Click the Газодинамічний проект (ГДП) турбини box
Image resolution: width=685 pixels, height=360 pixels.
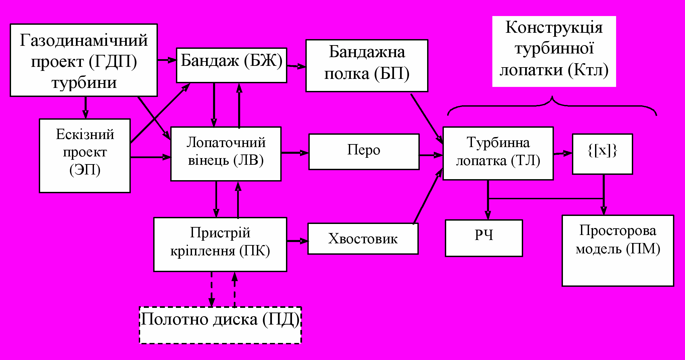[84, 60]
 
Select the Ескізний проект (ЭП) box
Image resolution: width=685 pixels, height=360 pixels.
[85, 155]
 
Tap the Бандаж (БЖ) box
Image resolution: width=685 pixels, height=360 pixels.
[231, 65]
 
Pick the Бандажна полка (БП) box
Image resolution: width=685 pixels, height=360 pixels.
[367, 66]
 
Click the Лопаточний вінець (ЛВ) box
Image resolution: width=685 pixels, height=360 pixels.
[226, 154]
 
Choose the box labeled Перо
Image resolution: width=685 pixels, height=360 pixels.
[364, 152]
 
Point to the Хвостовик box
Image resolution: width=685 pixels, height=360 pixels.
[363, 239]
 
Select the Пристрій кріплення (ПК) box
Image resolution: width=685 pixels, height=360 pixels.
[220, 244]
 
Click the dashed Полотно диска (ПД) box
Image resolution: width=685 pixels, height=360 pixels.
[220, 325]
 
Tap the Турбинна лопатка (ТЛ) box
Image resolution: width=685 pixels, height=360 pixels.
[498, 153]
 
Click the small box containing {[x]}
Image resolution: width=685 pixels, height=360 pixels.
[602, 154]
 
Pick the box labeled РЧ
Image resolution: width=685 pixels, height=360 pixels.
[484, 238]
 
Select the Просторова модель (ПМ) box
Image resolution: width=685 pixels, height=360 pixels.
[618, 250]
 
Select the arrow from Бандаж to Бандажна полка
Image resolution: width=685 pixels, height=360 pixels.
[296, 66]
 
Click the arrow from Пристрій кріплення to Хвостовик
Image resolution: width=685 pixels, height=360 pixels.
[297, 241]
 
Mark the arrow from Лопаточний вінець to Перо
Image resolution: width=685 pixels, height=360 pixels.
[295, 153]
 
